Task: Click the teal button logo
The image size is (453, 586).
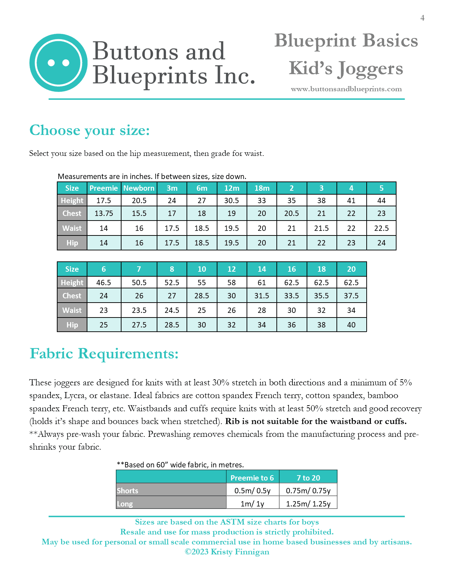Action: click(58, 63)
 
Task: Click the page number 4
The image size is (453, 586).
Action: click(422, 18)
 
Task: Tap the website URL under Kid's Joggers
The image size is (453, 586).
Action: click(346, 89)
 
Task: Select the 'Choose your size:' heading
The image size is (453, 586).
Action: click(90, 130)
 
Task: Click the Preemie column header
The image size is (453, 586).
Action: click(104, 188)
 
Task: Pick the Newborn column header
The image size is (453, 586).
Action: click(139, 188)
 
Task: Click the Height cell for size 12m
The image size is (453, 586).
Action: click(232, 201)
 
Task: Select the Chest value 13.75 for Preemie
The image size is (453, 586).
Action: click(104, 213)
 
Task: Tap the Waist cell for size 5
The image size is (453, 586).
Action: click(381, 228)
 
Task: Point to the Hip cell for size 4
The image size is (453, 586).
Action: click(351, 243)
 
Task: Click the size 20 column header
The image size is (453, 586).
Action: click(351, 269)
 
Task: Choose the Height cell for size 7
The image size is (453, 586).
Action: click(139, 283)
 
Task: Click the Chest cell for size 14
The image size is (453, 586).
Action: click(261, 296)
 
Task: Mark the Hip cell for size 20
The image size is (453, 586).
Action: click(351, 325)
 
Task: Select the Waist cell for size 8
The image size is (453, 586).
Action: click(172, 310)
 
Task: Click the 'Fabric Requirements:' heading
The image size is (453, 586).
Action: click(104, 354)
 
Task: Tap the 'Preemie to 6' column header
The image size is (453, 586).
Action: click(252, 478)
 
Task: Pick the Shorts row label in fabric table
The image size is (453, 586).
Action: click(128, 491)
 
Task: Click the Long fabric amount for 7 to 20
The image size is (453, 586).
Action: click(308, 504)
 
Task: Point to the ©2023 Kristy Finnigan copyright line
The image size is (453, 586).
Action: click(227, 552)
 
